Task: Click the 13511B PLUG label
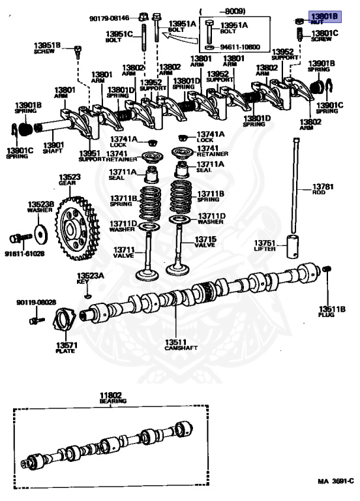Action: [327, 311]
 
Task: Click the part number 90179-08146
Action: [110, 18]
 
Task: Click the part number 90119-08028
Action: [37, 303]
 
